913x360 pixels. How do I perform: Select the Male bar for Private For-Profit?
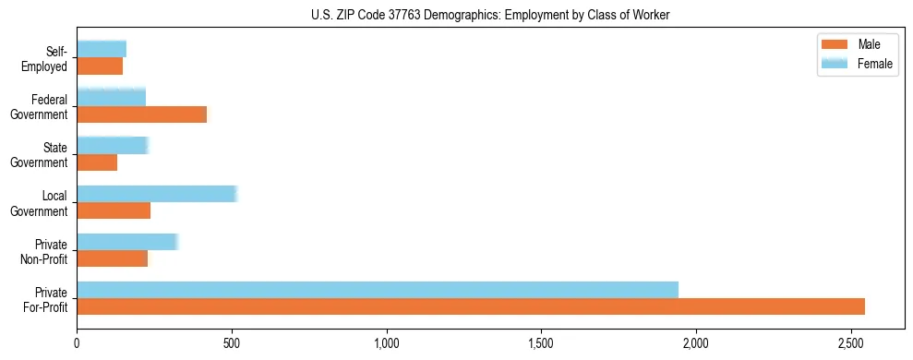click(471, 306)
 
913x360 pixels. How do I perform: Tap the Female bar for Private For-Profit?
click(378, 289)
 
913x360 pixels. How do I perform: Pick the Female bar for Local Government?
click(157, 193)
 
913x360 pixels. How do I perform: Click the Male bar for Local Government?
click(114, 210)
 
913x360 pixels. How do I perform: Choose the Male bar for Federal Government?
click(142, 114)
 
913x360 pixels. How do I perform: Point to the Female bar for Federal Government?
click(112, 97)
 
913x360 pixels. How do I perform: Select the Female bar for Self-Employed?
click(102, 49)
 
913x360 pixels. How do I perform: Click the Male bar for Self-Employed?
click(100, 66)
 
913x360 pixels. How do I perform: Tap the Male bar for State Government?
click(97, 162)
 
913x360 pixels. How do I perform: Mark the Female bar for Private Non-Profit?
click(127, 241)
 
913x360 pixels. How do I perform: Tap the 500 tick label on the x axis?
click(232, 343)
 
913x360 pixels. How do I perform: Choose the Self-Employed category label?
click(48, 58)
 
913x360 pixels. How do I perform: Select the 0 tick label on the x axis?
click(78, 343)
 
